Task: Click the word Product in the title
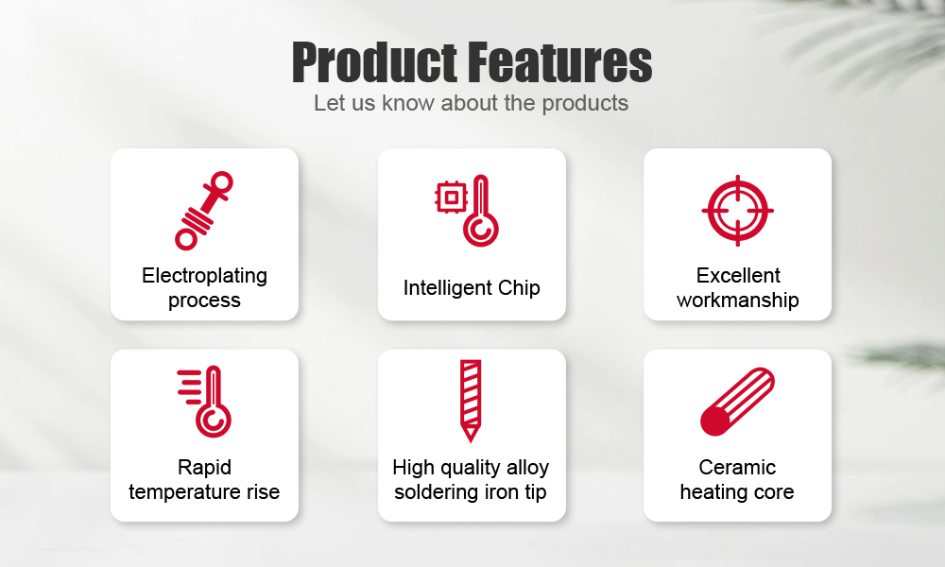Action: click(x=374, y=62)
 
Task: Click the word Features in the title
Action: click(x=559, y=62)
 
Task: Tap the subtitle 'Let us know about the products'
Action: click(x=471, y=103)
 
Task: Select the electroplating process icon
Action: click(x=204, y=211)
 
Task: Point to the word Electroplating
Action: click(x=204, y=275)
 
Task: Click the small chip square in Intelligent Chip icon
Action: click(x=452, y=198)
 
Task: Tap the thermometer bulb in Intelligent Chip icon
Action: click(x=481, y=231)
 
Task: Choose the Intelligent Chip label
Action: click(x=472, y=288)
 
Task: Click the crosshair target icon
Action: click(x=738, y=211)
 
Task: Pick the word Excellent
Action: click(x=738, y=275)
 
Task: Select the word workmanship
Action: click(x=738, y=301)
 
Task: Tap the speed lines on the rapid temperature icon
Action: click(x=190, y=386)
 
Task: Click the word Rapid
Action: click(x=204, y=468)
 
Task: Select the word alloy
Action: click(x=527, y=468)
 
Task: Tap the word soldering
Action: click(x=427, y=492)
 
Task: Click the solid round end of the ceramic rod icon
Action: click(x=714, y=421)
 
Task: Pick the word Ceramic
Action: click(x=737, y=468)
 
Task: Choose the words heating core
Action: click(x=737, y=492)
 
